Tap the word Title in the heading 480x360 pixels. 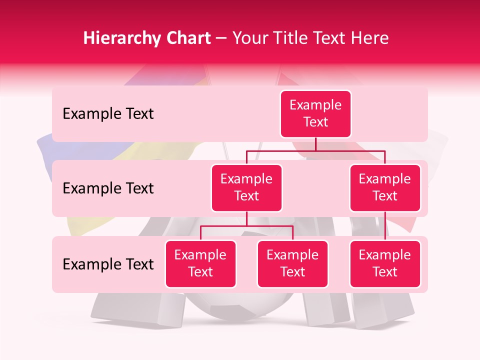click(293, 38)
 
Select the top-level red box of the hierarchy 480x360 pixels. click(315, 114)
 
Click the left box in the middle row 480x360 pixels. click(246, 187)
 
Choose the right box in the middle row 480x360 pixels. click(385, 187)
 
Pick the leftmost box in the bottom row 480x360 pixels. click(200, 263)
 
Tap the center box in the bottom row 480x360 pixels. click(292, 263)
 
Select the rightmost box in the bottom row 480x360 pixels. click(385, 263)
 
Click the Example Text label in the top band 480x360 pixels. click(108, 114)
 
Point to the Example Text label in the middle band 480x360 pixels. click(108, 188)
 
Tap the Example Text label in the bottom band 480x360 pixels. click(108, 264)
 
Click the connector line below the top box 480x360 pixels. click(315, 144)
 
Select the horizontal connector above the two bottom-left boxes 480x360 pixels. click(246, 226)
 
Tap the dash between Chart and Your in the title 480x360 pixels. click(221, 39)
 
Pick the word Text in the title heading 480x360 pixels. click(331, 38)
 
